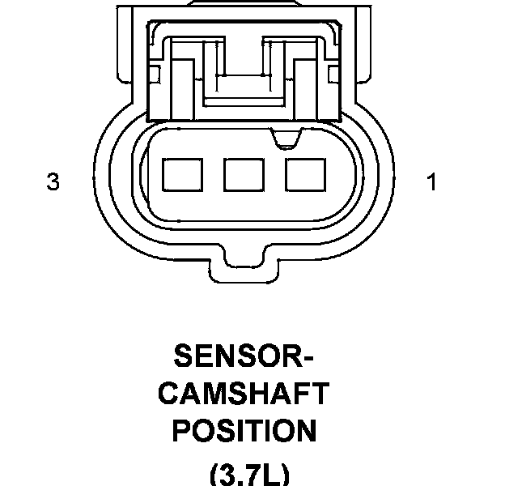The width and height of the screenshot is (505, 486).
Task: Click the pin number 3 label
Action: [53, 181]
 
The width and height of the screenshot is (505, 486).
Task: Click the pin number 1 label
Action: [431, 181]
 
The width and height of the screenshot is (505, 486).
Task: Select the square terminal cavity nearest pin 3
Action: [183, 175]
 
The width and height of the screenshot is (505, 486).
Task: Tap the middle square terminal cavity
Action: [244, 175]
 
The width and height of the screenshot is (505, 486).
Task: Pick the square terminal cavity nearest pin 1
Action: [305, 175]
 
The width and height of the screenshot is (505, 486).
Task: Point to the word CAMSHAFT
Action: [244, 393]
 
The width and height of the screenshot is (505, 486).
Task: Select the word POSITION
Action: [244, 431]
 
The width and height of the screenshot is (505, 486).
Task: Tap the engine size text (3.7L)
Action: [249, 475]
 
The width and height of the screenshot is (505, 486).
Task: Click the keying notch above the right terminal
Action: [286, 139]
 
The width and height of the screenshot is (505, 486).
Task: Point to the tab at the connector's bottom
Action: [244, 270]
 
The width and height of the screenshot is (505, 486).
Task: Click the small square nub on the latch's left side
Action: [155, 75]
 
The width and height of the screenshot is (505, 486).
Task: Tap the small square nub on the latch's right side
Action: [333, 75]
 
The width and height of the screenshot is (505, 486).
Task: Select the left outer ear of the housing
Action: [125, 45]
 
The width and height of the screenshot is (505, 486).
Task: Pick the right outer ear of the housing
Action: [363, 45]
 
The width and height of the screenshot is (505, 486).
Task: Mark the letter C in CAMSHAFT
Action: [169, 393]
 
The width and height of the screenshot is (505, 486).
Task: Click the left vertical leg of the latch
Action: [182, 90]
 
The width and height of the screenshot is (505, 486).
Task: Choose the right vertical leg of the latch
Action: [306, 90]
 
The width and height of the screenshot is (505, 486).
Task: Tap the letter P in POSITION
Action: [182, 431]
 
